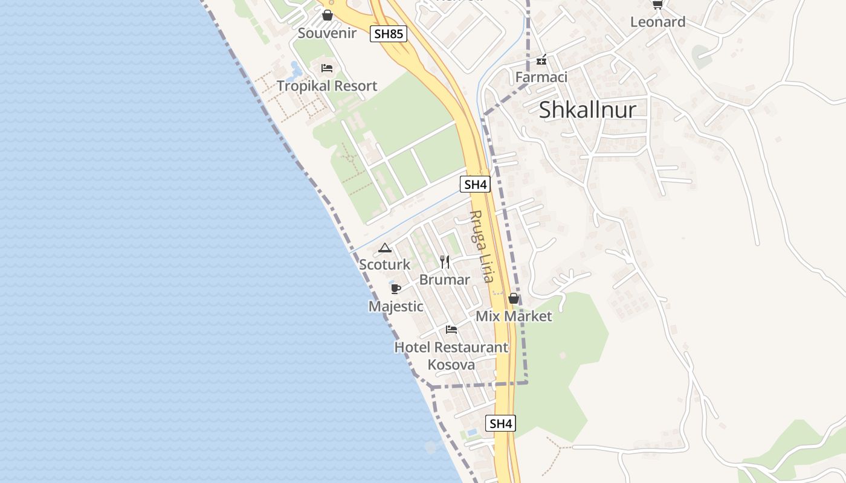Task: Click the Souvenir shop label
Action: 327,33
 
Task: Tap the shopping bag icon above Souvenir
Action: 328,15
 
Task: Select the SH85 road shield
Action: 389,34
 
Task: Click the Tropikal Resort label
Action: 327,86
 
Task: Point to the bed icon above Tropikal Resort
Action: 327,68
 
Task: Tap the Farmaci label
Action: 541,77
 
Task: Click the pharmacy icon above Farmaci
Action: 541,60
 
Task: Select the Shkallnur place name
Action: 587,109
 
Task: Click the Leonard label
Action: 657,22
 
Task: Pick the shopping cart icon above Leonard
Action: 657,5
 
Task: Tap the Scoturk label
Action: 385,264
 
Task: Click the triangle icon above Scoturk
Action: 385,248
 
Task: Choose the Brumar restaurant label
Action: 445,280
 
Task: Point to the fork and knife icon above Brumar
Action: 445,261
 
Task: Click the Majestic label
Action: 396,306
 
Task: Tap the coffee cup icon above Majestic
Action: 396,289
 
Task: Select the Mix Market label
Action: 514,316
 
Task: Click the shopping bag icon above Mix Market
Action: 514,298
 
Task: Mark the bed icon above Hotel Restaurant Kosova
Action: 451,330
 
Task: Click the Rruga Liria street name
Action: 482,246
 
